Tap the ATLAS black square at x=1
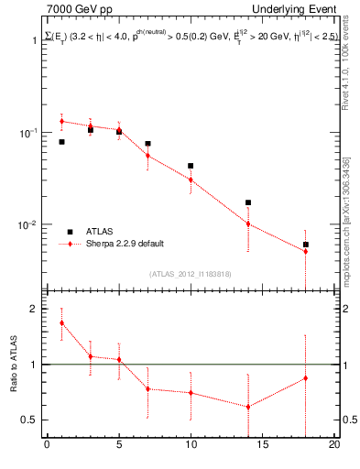pyautogui.click(x=61, y=142)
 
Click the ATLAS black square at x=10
pyautogui.click(x=191, y=166)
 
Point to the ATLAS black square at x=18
pyautogui.click(x=306, y=245)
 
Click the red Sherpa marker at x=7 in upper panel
pyautogui.click(x=147, y=156)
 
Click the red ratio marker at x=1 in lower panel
pyautogui.click(x=61, y=322)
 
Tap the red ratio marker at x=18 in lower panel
pyautogui.click(x=306, y=378)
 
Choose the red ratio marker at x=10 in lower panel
pyautogui.click(x=191, y=392)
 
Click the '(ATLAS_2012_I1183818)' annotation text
pyautogui.click(x=191, y=273)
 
